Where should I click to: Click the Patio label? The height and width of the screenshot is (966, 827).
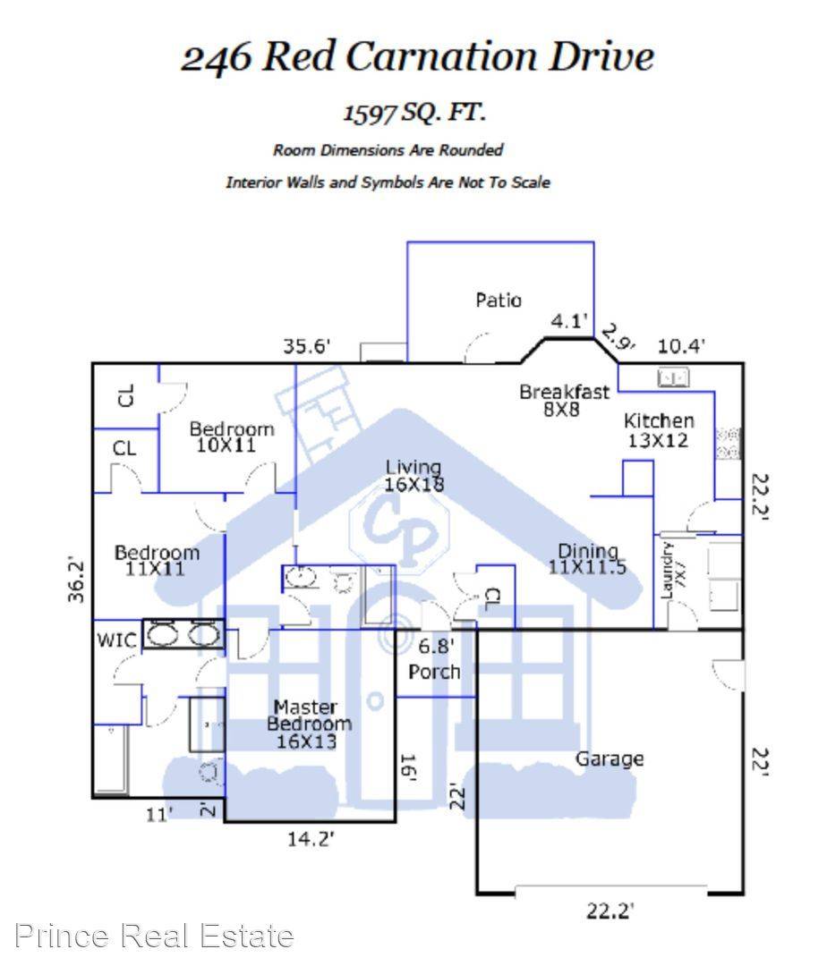click(499, 300)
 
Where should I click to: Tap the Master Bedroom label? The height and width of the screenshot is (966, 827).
click(309, 724)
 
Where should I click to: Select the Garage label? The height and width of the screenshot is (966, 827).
click(610, 759)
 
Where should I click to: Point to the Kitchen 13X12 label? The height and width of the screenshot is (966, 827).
click(659, 430)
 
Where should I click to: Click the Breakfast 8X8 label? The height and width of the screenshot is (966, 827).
click(564, 400)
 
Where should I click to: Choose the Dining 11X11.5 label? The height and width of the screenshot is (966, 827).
click(587, 559)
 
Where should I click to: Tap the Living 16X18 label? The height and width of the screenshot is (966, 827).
click(413, 476)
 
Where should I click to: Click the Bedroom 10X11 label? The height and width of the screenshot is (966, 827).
click(231, 436)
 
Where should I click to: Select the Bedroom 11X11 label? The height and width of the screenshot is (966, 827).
click(158, 560)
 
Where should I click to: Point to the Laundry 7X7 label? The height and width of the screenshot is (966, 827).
click(672, 571)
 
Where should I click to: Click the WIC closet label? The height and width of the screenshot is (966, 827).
click(116, 640)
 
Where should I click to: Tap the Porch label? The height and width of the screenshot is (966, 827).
click(434, 672)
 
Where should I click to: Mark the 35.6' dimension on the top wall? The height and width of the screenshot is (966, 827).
click(307, 346)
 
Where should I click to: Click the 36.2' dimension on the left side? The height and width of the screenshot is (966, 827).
click(76, 580)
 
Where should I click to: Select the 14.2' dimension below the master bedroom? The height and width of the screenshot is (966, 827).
click(311, 838)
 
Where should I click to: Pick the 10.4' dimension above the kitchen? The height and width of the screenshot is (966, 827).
click(681, 345)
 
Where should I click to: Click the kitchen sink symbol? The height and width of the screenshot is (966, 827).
click(673, 377)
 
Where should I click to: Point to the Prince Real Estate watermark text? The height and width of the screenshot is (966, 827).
click(154, 936)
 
